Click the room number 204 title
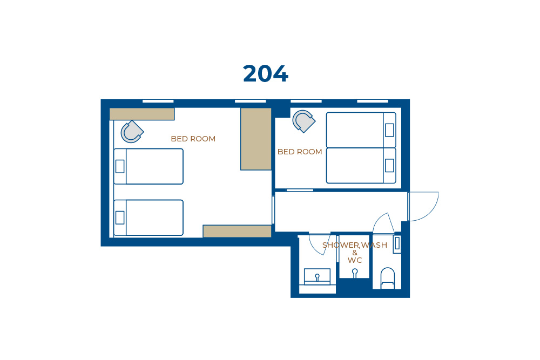[x=265, y=73]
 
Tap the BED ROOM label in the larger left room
[x=193, y=139]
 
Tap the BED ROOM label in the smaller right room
[x=300, y=152]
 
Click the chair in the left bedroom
[x=132, y=132]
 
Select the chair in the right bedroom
[x=303, y=121]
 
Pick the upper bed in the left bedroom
[x=148, y=167]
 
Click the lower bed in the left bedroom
[x=148, y=218]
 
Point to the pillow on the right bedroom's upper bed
[x=389, y=130]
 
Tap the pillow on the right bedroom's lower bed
[x=389, y=166]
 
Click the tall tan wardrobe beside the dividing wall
[x=256, y=139]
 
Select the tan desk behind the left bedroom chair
[x=142, y=114]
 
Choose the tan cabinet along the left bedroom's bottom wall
[x=237, y=231]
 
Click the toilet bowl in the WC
[x=387, y=278]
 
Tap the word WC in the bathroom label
[x=355, y=260]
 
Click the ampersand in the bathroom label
[x=355, y=253]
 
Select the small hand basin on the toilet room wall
[x=397, y=243]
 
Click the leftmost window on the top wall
[x=158, y=101]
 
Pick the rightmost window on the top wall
[x=373, y=101]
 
